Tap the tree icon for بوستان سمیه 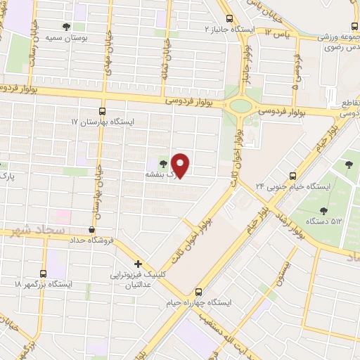(66, 27)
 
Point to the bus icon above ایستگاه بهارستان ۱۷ (103, 111)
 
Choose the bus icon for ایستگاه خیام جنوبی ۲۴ (293, 176)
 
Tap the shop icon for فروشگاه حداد (91, 229)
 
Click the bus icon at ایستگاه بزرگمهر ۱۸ (44, 274)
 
